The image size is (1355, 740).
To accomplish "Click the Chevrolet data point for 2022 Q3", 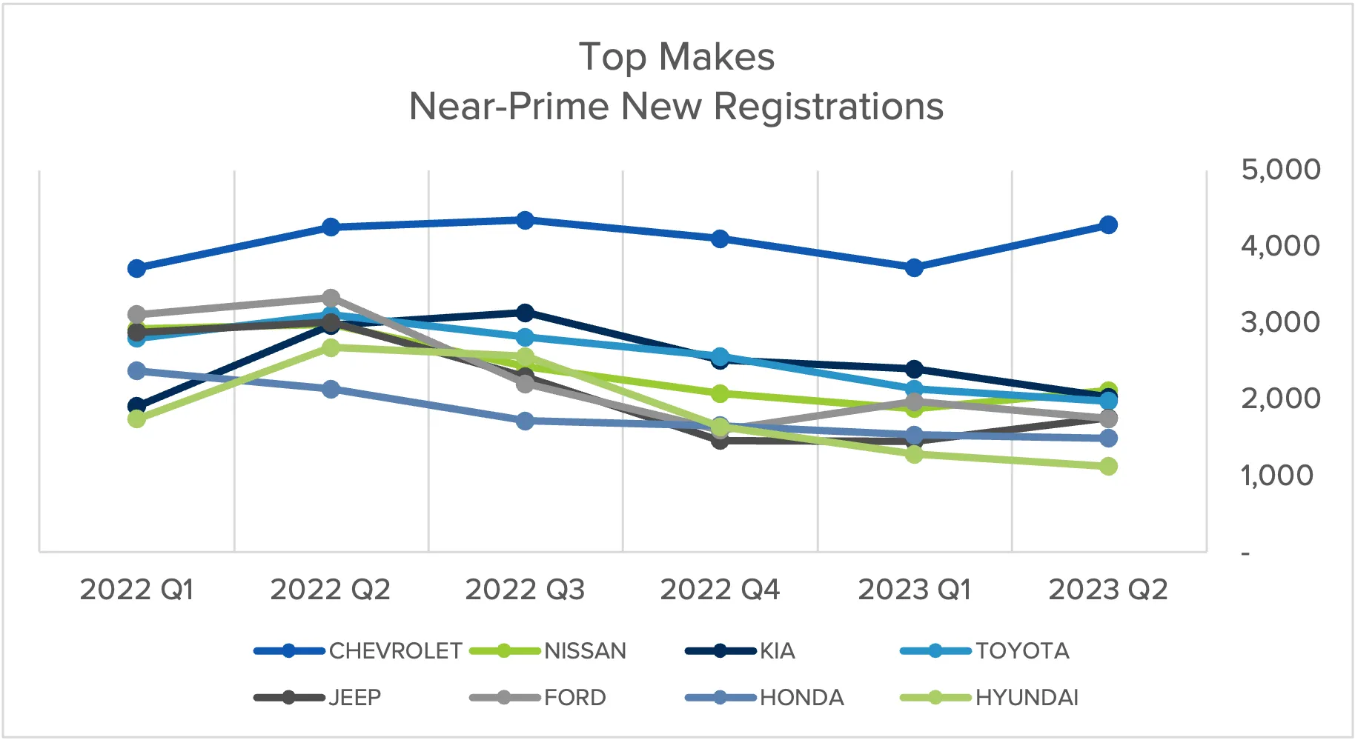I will click(525, 220).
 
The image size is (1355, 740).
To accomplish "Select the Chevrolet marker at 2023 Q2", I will click(1108, 224).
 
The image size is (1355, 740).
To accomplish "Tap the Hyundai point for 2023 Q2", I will click(1108, 466).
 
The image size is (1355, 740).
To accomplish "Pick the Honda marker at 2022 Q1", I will click(136, 370).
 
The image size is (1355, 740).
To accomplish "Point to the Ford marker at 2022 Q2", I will click(331, 298).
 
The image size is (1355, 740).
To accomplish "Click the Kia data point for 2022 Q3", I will click(525, 313).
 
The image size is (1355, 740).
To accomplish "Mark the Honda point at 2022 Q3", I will click(525, 421).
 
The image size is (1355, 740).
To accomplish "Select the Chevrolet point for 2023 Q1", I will click(914, 267).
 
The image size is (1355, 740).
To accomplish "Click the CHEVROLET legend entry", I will click(395, 651).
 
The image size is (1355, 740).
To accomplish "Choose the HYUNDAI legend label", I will click(1027, 698).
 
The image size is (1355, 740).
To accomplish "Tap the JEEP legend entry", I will click(354, 698).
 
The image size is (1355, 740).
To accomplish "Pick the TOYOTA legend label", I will click(1022, 651).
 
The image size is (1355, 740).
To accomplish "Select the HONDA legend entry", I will click(801, 698).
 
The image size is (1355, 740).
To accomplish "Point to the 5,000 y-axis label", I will click(1280, 170).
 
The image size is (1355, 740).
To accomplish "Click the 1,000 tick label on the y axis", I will click(1277, 476).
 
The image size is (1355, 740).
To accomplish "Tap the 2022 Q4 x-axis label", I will click(720, 590).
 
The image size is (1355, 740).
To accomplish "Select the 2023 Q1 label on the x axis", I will click(914, 590).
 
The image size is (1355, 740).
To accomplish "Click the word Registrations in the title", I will click(828, 106).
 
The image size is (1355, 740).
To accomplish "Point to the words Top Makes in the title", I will click(676, 57).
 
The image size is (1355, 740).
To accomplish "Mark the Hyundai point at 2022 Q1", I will click(136, 419).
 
